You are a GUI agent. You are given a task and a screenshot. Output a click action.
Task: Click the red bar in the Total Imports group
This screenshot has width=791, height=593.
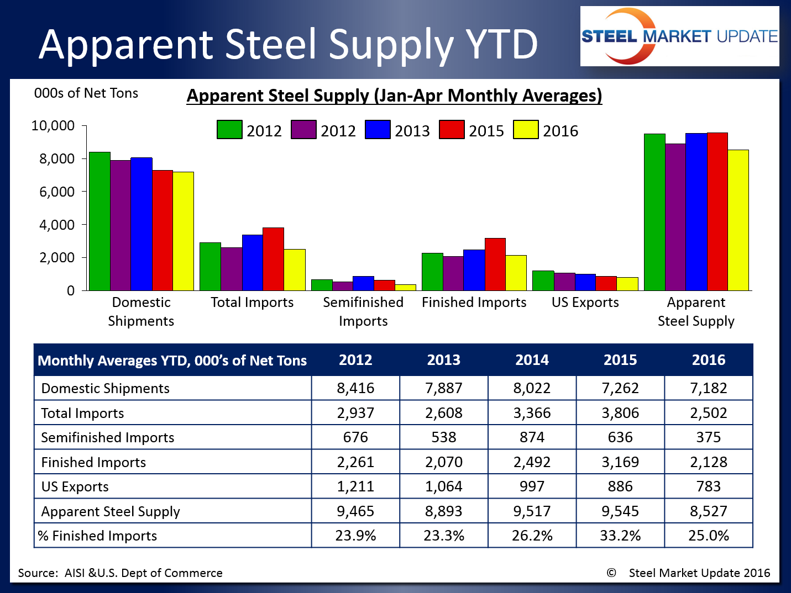pos(273,259)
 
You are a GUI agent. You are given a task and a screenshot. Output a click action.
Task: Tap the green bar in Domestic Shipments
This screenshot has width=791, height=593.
pos(99,221)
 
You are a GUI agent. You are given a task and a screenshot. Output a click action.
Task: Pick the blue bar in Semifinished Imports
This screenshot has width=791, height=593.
pos(363,283)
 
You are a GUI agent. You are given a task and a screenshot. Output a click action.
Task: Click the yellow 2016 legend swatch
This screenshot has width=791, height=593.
pos(526,130)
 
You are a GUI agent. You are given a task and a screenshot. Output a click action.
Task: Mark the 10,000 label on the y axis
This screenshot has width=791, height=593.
pos(53,126)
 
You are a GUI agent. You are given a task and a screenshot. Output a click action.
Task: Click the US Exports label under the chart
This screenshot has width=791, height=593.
pos(585,303)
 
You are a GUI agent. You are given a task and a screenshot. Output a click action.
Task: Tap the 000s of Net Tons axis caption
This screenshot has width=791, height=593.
pos(86,93)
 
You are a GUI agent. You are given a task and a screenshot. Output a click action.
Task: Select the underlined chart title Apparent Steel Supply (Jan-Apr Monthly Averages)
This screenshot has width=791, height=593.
pos(394,96)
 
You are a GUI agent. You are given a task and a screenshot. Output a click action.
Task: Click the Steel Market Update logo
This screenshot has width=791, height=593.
pos(679,36)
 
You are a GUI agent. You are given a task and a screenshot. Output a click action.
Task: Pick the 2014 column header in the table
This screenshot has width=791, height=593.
pos(532,360)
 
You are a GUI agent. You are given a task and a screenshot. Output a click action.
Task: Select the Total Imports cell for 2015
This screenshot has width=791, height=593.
pos(620,413)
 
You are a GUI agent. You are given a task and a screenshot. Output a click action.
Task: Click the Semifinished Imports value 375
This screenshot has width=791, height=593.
pos(708,437)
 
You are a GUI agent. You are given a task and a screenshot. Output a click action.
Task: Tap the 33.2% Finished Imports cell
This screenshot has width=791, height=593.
pos(620,536)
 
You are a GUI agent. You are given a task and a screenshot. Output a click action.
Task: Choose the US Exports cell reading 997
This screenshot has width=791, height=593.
pos(532,486)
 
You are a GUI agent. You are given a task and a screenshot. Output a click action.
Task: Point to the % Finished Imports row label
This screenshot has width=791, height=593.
pos(97,536)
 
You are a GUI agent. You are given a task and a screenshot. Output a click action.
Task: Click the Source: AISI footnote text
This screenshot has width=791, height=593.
pos(120,573)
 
